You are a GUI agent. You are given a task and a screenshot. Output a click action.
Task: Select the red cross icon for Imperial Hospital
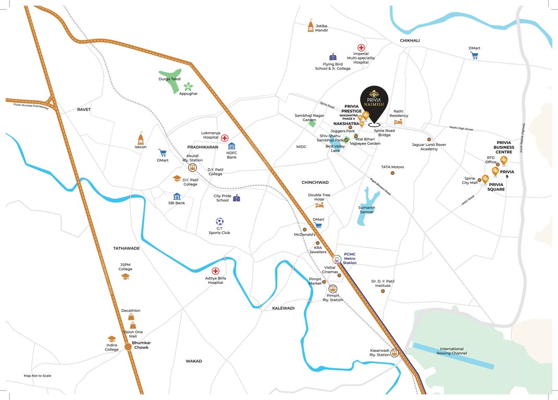click(361, 47)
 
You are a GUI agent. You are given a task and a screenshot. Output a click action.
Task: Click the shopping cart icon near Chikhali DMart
click(474, 55)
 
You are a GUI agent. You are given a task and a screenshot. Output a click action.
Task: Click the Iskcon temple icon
click(141, 139)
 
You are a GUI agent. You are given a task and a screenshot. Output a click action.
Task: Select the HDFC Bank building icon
click(232, 146)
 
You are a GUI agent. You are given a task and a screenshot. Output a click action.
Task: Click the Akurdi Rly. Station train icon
click(192, 168)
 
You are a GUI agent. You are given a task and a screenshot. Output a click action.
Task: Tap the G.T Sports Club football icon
click(219, 221)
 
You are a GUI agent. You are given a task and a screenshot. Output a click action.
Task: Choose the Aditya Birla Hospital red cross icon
click(215, 271)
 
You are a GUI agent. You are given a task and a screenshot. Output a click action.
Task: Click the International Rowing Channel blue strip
click(453, 356)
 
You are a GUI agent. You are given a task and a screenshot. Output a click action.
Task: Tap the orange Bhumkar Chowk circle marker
click(128, 347)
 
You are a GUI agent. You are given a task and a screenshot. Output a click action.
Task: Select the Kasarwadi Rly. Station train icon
click(395, 353)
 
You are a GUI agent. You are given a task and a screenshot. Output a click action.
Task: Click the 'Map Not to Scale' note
click(38, 376)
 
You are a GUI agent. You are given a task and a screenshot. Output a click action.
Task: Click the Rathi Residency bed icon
click(399, 122)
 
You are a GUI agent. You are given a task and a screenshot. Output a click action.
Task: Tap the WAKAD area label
click(193, 361)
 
